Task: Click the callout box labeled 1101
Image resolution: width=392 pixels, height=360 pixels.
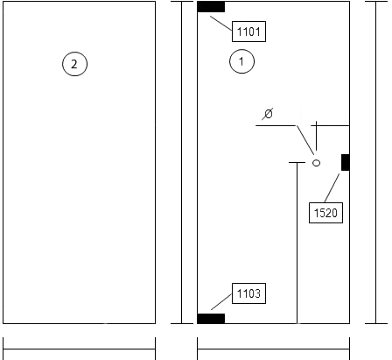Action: point(248,32)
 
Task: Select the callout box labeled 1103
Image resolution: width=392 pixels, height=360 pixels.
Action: point(248,293)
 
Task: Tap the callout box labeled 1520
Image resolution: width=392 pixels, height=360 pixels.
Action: point(325,213)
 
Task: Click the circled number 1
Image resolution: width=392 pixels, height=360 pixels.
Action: point(241,61)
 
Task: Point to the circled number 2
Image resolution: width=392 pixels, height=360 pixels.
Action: point(74,64)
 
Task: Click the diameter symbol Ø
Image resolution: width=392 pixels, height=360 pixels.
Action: point(268,114)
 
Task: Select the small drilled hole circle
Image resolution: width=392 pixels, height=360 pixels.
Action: point(316,163)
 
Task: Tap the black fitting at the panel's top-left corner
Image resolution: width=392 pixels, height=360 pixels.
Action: point(211,7)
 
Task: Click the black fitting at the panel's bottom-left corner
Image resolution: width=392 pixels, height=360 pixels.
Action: point(211,319)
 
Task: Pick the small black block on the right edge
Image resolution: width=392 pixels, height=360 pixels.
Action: point(346,162)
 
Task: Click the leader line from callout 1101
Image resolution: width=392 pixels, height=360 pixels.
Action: point(221,24)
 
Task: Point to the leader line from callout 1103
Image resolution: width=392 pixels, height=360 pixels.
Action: point(221,301)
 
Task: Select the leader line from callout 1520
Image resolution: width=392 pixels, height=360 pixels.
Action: point(332,187)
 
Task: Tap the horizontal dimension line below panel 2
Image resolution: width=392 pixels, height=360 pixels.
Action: point(79,349)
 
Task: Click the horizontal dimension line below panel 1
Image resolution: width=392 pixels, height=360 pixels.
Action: point(273,349)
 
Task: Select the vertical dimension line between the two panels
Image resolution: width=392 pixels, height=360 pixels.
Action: point(182,162)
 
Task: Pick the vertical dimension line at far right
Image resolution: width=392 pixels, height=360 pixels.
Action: point(376,162)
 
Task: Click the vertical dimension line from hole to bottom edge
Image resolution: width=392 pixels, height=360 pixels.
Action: point(297,243)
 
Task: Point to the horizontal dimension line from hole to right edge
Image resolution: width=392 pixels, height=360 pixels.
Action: point(332,125)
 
